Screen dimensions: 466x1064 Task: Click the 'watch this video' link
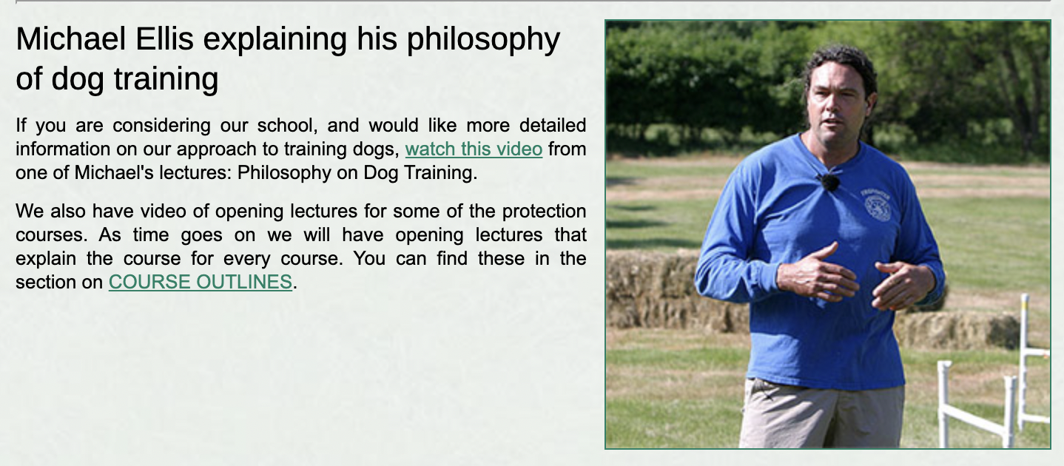(x=474, y=149)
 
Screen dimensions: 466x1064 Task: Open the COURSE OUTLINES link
(x=200, y=282)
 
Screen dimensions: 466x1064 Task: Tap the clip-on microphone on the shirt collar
(x=829, y=180)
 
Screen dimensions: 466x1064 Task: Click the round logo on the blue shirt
(x=878, y=206)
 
